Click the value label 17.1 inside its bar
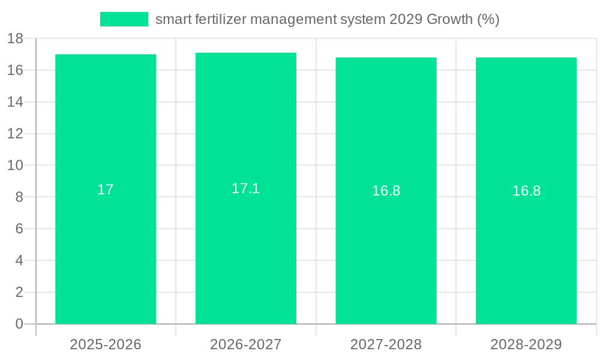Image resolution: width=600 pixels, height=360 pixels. pos(246,188)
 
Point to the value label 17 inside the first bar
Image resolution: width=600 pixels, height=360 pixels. pos(106,190)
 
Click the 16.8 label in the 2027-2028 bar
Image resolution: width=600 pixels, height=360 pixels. pos(386,191)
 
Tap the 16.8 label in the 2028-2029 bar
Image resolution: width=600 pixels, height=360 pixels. pos(526,191)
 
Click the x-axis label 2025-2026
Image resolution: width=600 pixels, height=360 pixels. pos(106,344)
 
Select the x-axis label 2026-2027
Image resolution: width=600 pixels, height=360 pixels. pos(246,344)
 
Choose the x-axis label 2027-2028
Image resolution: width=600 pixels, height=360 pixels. pos(386,344)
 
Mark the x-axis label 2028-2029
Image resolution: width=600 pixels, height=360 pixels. pos(526,344)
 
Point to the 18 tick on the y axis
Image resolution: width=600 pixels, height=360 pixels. pos(15,39)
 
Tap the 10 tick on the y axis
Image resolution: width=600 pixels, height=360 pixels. pos(15,166)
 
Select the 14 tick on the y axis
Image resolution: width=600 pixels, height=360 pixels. pos(15,102)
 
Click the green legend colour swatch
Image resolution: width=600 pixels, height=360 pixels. pos(124,19)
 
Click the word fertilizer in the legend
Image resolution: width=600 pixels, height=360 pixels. pos(221,19)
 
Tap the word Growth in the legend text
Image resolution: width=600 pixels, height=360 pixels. pos(449,19)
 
